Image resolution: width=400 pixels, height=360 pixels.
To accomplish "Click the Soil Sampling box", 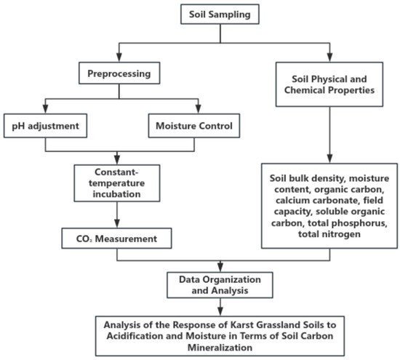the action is click(220, 15).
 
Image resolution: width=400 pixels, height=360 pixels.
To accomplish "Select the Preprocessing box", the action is click(119, 73).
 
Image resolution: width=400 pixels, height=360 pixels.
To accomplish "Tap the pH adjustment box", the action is click(45, 126).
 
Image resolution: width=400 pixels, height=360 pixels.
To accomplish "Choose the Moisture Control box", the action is click(194, 126).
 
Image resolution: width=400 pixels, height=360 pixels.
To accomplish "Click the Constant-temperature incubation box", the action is click(117, 183).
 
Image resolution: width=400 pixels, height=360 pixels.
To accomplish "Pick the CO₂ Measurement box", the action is click(117, 239).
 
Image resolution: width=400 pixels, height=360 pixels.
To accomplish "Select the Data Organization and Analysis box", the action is click(220, 285).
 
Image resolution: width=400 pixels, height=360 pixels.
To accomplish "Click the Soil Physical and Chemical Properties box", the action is click(329, 84).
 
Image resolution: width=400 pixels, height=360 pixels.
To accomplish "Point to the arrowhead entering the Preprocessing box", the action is click(119, 57).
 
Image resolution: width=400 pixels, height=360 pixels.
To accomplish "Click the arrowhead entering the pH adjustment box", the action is click(45, 109).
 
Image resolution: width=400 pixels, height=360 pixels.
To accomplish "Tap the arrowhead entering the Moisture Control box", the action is click(199, 109).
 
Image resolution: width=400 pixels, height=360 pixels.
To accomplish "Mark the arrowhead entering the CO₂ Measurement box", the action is click(117, 223).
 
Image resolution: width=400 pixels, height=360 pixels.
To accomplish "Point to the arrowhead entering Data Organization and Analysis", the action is click(220, 268).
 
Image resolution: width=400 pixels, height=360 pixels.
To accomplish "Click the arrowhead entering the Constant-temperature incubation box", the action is click(117, 160).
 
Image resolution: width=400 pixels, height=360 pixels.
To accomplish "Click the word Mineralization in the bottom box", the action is click(220, 348).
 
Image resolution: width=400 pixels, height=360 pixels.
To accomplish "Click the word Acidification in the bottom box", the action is click(135, 336).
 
